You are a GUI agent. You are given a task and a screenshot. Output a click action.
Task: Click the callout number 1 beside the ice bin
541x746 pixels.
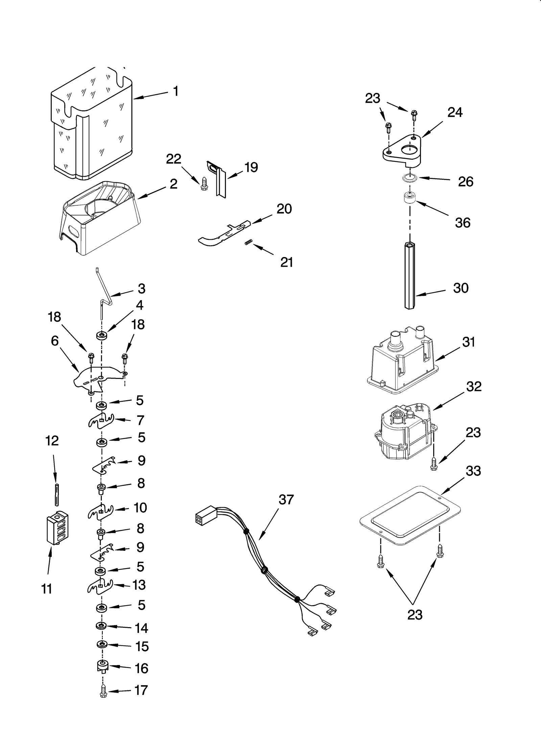175,91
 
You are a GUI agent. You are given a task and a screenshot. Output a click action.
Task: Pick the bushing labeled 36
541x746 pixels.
409,198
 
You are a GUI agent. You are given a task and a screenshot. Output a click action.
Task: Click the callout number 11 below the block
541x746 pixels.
47,589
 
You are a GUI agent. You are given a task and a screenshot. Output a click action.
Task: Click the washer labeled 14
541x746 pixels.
101,626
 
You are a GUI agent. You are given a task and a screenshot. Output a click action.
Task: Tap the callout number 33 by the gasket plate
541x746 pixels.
473,471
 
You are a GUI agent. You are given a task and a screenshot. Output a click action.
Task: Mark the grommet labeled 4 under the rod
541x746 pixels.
101,336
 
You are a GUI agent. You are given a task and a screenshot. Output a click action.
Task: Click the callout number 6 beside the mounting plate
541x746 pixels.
55,341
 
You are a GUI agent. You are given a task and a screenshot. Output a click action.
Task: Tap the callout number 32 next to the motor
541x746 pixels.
474,387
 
